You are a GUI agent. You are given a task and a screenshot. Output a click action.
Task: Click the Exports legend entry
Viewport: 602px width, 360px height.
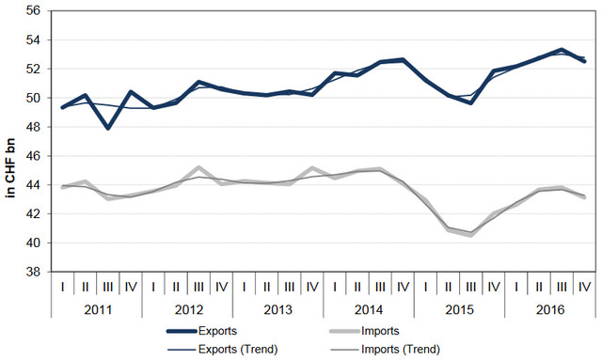(x=201, y=331)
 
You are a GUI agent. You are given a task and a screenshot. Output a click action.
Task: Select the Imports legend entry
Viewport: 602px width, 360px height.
(x=364, y=331)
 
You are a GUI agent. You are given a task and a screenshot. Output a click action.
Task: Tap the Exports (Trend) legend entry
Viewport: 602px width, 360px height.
(x=222, y=350)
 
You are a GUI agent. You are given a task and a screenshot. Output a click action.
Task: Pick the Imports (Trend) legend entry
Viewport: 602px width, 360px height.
(x=385, y=350)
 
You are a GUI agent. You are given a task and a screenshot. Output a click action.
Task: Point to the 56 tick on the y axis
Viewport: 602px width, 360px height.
(x=34, y=10)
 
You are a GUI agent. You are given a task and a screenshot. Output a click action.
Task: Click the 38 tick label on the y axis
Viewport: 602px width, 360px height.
(x=34, y=272)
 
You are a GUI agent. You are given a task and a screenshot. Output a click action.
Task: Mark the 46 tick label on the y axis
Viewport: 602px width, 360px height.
(x=34, y=156)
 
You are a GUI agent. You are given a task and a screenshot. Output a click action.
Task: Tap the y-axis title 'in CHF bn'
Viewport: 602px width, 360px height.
(x=10, y=168)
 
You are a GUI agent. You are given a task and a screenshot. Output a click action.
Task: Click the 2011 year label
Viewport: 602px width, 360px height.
(x=98, y=309)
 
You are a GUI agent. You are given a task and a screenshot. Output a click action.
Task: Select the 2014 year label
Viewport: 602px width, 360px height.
(x=369, y=309)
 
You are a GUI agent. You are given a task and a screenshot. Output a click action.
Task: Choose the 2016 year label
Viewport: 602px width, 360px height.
(x=550, y=309)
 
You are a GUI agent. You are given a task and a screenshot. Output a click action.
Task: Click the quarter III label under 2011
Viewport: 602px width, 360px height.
(x=108, y=287)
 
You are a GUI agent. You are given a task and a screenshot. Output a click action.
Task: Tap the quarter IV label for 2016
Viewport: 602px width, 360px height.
(x=584, y=287)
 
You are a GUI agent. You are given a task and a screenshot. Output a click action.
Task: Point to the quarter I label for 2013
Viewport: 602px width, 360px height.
(x=244, y=287)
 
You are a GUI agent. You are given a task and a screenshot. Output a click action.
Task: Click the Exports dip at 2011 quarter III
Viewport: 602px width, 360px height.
(x=108, y=128)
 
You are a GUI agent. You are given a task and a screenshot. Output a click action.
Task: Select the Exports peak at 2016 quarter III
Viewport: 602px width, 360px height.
(x=562, y=50)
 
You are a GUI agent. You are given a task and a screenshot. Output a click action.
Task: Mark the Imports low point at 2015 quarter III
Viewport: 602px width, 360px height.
(x=470, y=235)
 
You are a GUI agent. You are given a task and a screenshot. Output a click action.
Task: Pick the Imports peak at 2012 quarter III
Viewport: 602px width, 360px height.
(x=198, y=167)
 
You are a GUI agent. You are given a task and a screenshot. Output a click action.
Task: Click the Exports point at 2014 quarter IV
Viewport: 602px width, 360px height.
(x=403, y=60)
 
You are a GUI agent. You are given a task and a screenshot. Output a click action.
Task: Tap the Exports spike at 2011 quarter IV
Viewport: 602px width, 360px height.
(x=131, y=92)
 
